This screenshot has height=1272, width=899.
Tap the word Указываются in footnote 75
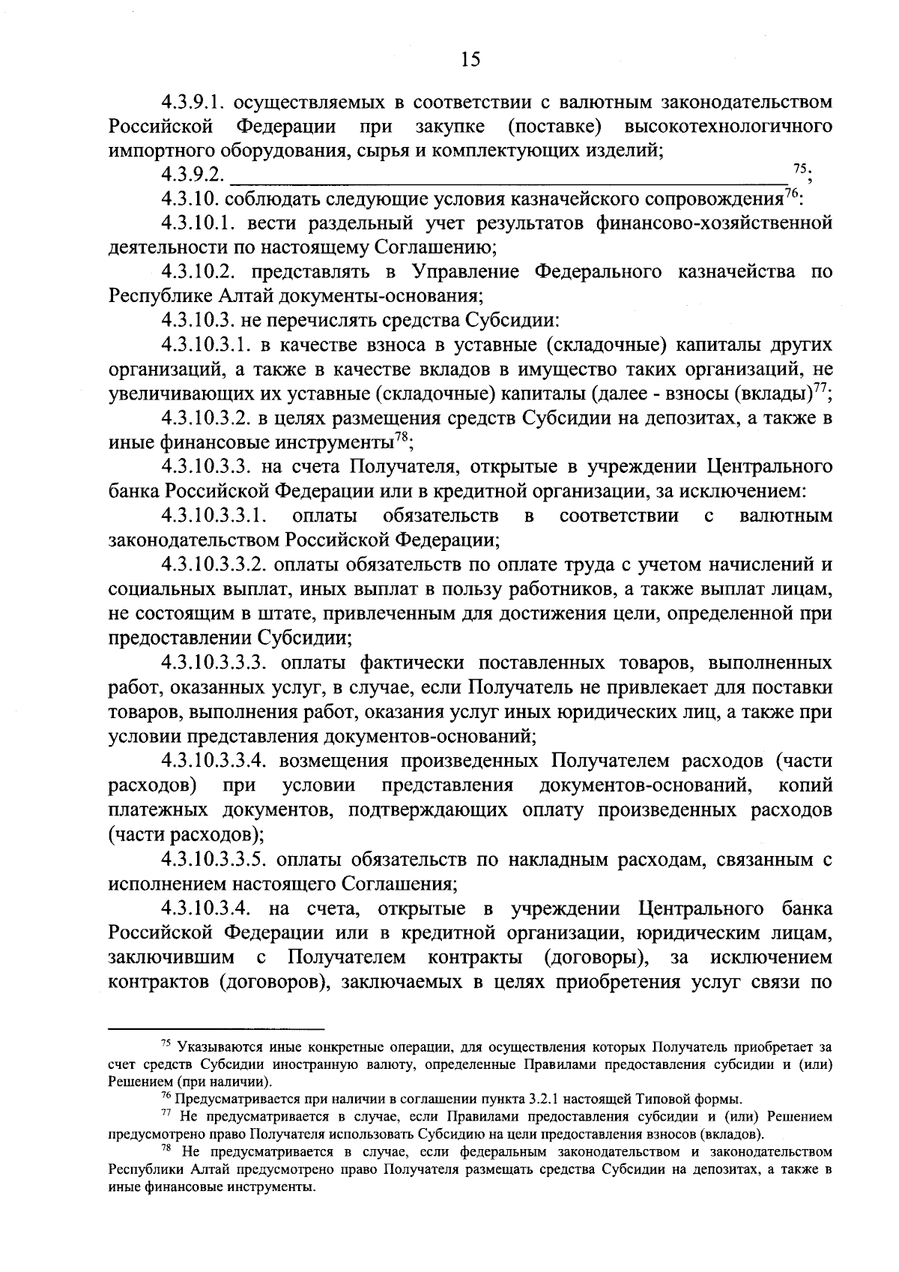pos(213,1046)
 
